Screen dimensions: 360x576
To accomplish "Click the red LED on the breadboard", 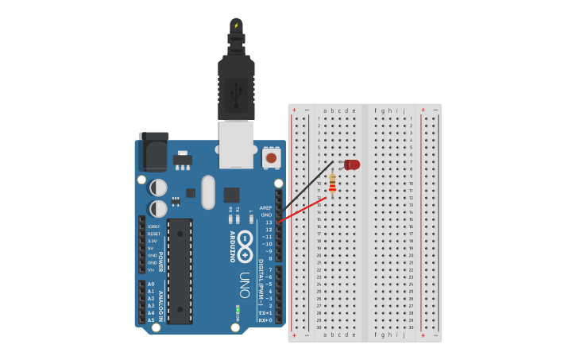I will point(352,165).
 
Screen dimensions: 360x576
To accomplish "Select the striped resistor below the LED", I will point(332,184).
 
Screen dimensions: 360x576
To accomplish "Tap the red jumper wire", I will point(302,211).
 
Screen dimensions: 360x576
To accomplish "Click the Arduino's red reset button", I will point(271,158).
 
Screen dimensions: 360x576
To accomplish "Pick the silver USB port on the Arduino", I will point(237,144).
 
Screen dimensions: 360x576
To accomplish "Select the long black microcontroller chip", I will point(180,271).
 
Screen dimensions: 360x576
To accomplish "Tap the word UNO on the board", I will point(245,285).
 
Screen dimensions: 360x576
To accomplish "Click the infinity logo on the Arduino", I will point(245,246).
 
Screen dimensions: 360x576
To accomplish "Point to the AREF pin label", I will point(265,208).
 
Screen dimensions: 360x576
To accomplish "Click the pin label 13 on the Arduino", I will point(269,223).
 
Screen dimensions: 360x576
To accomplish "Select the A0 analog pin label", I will point(151,284).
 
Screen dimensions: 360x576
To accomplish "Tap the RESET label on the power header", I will point(154,234).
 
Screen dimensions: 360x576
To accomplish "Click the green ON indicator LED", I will point(237,308).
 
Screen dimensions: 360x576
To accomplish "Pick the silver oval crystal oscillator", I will point(208,192).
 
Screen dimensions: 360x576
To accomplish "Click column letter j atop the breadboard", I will point(404,111).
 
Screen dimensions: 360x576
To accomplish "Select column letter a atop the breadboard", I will point(324,111).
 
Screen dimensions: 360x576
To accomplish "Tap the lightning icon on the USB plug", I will point(236,25).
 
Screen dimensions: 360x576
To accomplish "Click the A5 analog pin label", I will point(151,319).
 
